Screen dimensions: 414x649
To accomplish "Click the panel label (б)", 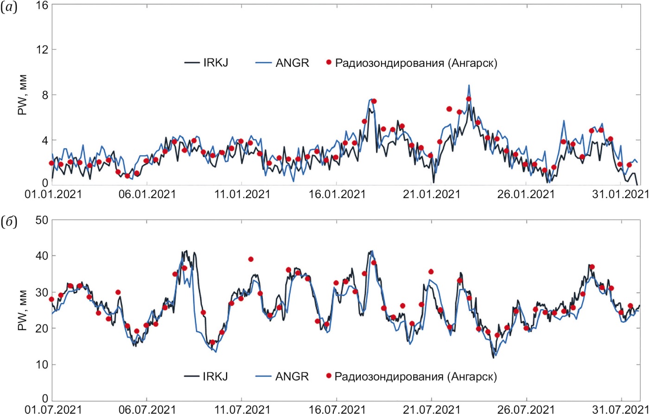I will (x=9, y=222).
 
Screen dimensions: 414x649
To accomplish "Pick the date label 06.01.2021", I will (x=146, y=193).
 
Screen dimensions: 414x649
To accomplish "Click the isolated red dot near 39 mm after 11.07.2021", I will (x=251, y=259).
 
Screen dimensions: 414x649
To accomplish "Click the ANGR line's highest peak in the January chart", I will (x=469, y=85).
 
